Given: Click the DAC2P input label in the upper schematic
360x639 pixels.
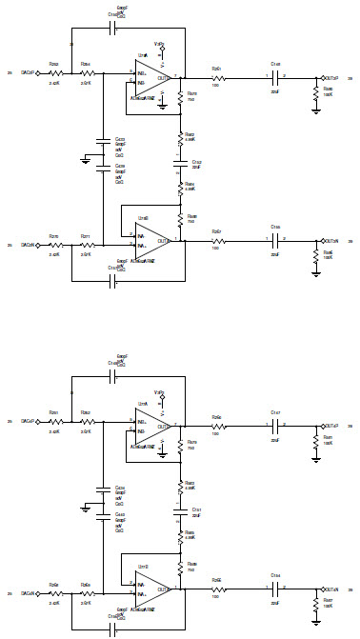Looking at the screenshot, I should point(28,70).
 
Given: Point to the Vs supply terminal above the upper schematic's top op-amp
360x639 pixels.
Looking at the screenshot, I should point(160,46).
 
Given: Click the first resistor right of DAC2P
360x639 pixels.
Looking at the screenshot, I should point(55,71).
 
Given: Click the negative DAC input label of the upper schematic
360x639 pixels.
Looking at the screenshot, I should point(28,246).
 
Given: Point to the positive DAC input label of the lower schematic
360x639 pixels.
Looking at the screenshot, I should point(28,420).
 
